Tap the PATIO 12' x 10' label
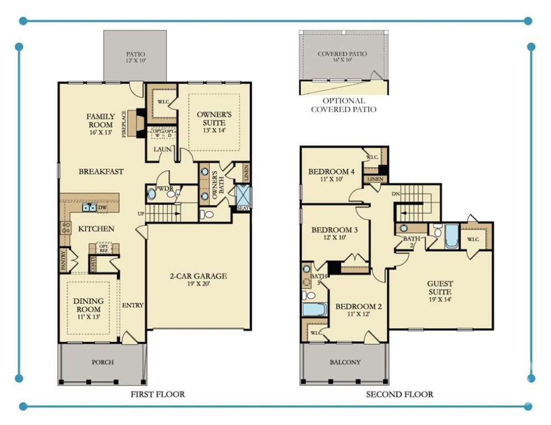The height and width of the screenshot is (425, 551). (135, 57)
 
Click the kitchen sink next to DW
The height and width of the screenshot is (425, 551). (88, 208)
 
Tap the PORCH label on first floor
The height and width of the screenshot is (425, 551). (102, 362)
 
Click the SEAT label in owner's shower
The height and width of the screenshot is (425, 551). (243, 208)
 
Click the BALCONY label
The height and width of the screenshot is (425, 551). (345, 362)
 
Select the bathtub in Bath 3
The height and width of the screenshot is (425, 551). (315, 308)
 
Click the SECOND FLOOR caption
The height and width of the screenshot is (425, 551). (399, 395)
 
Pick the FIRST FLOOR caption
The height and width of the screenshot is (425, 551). (157, 395)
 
